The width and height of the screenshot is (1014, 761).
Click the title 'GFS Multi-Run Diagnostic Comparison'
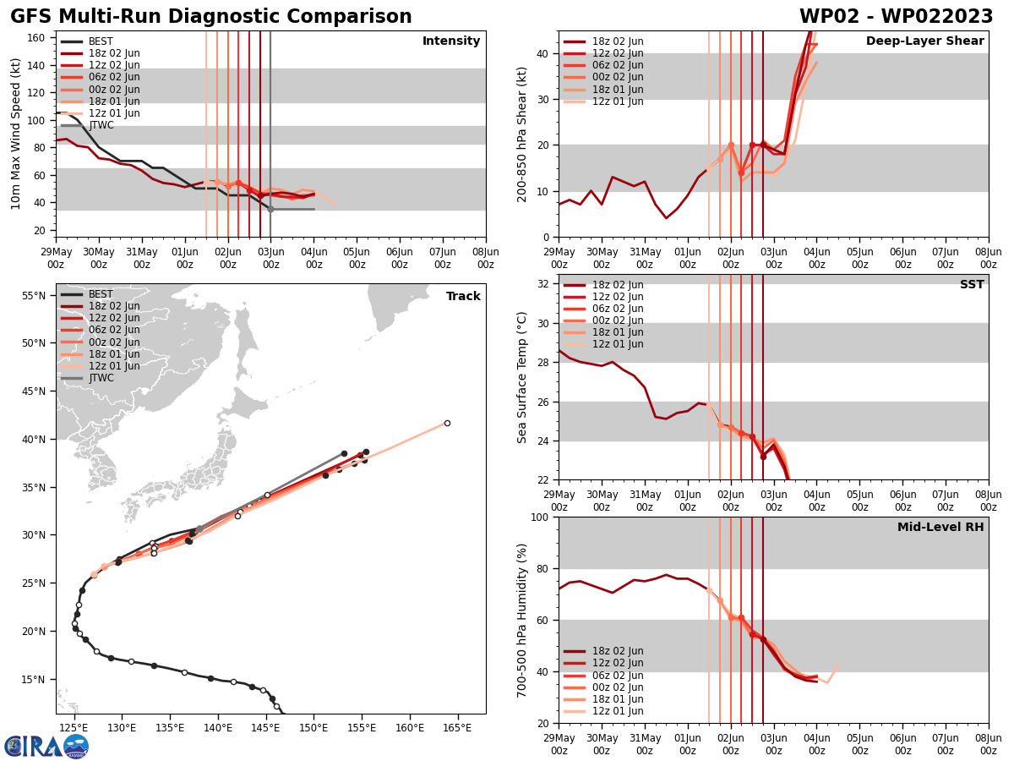click(x=210, y=17)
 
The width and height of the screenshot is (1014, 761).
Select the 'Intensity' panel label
click(x=451, y=41)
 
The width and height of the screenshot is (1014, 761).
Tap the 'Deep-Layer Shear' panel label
click(x=924, y=41)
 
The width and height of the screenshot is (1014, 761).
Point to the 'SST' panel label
click(x=971, y=285)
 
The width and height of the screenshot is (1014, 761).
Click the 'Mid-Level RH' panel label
click(x=940, y=528)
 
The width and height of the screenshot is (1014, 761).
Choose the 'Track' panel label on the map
click(x=463, y=297)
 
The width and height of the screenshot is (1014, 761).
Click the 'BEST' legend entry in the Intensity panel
click(x=101, y=41)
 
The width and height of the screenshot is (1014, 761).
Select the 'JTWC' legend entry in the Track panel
click(x=101, y=378)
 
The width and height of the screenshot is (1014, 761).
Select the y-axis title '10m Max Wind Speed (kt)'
click(x=15, y=134)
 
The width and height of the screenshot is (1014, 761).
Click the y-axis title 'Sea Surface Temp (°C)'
click(x=522, y=377)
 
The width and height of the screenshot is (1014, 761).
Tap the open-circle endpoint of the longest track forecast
click(x=447, y=423)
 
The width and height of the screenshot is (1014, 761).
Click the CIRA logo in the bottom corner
click(x=46, y=746)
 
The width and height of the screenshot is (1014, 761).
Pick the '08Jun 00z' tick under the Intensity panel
click(x=485, y=258)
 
